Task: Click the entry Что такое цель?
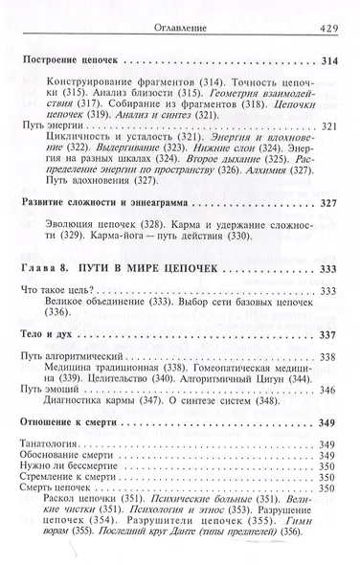64,343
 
